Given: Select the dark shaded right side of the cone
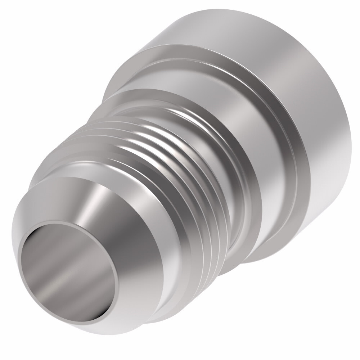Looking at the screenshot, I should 140,252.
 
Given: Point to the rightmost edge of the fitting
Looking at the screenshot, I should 348,133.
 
